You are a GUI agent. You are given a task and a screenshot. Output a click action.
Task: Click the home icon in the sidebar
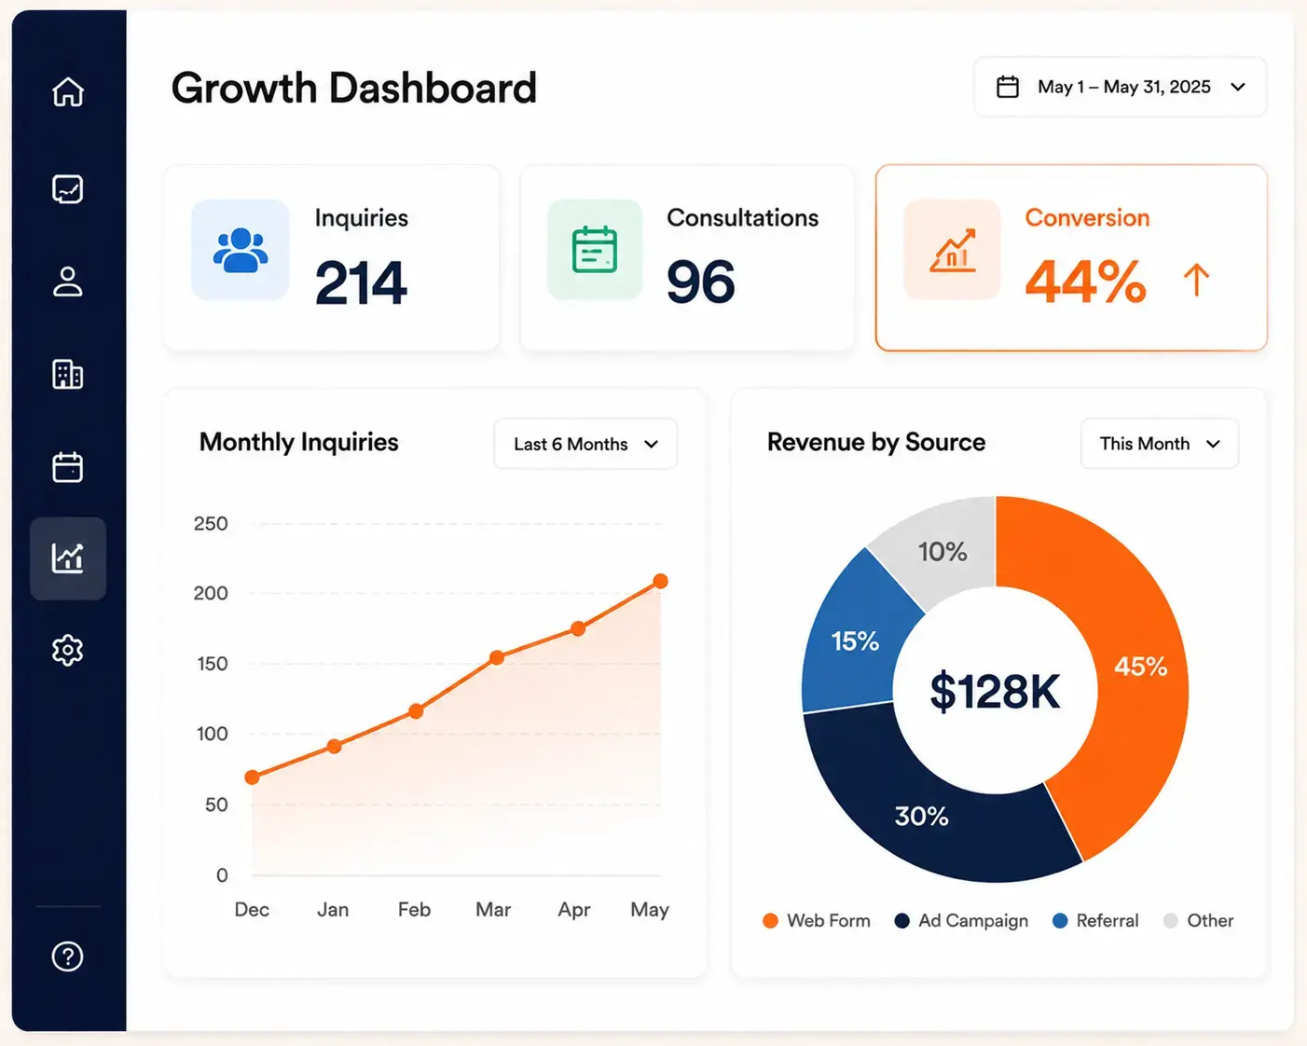click(x=68, y=91)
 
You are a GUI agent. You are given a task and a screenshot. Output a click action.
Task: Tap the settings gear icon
click(x=67, y=651)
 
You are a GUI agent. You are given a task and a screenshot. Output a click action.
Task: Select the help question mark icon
click(x=67, y=957)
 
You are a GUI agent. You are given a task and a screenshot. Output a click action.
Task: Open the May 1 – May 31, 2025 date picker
click(x=1121, y=87)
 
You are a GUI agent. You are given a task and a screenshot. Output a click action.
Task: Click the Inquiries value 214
click(x=361, y=282)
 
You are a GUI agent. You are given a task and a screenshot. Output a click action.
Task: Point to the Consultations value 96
click(x=701, y=282)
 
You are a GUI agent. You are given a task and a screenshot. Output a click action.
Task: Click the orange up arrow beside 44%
click(x=1196, y=280)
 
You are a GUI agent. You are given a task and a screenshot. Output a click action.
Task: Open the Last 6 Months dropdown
click(x=585, y=444)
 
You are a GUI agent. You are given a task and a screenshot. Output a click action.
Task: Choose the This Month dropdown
click(x=1160, y=444)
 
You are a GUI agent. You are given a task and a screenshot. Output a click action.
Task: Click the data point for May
click(x=661, y=582)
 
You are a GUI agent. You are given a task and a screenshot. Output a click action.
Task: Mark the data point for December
click(x=252, y=777)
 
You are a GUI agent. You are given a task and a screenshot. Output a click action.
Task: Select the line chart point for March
click(x=497, y=657)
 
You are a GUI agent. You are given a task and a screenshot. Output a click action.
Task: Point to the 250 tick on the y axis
click(x=211, y=524)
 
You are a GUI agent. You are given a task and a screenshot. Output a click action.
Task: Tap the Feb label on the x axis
click(x=414, y=909)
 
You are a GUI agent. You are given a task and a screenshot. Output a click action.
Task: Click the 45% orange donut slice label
click(x=1140, y=667)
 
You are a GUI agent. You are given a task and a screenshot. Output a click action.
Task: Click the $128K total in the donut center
click(x=995, y=691)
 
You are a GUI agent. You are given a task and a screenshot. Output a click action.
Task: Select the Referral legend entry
click(x=1095, y=920)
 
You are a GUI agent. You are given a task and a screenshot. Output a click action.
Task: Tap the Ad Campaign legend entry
click(x=961, y=920)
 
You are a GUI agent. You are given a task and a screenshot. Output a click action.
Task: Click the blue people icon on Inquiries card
click(x=241, y=250)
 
